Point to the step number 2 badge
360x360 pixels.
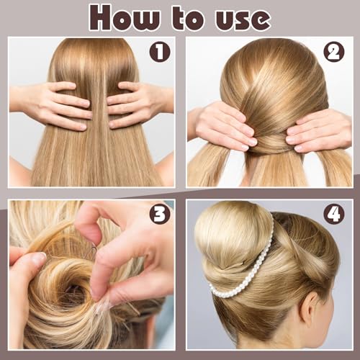333,52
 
